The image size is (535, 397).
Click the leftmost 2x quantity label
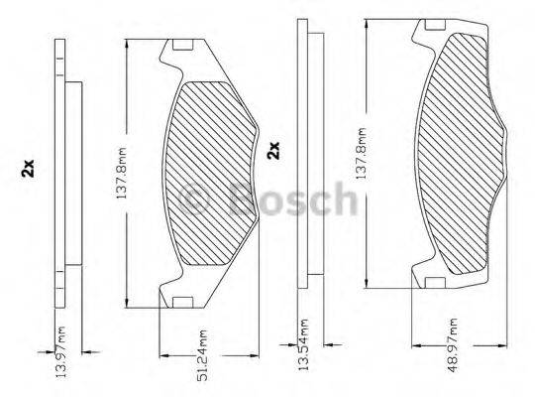coord(30,170)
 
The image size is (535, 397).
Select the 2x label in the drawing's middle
coord(273,151)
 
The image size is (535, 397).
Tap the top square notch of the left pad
coord(181,46)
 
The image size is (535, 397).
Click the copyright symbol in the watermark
coord(196,198)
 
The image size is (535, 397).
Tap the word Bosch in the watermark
coord(291,198)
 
